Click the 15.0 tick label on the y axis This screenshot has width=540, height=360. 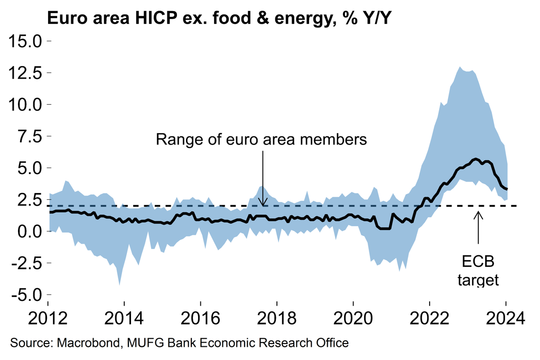point(26,41)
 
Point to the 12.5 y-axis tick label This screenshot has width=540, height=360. point(26,72)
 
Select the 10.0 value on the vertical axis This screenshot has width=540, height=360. point(26,104)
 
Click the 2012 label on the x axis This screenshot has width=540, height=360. point(48,319)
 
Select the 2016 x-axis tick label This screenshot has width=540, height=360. point(201,319)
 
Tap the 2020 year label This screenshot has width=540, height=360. point(353,319)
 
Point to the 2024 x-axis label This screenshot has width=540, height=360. point(506,319)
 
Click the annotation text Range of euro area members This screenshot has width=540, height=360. point(262,140)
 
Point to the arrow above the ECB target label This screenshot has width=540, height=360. point(478,227)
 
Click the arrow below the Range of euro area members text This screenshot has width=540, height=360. point(263,178)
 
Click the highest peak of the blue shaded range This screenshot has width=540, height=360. point(460,67)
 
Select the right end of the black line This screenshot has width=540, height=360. point(507,189)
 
